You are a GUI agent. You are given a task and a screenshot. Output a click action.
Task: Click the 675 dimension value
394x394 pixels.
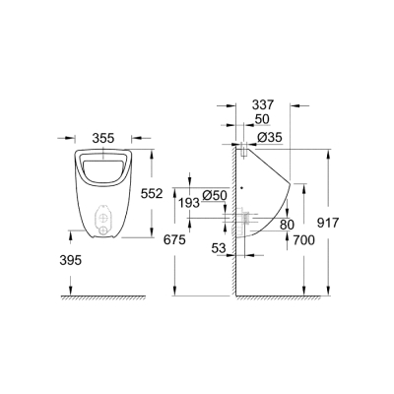(x=173, y=238)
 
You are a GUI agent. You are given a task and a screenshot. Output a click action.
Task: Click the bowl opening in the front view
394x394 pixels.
(x=103, y=168)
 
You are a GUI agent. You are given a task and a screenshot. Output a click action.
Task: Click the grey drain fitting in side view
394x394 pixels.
(x=248, y=214)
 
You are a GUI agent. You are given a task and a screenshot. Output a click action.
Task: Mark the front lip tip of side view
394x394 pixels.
(x=292, y=184)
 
